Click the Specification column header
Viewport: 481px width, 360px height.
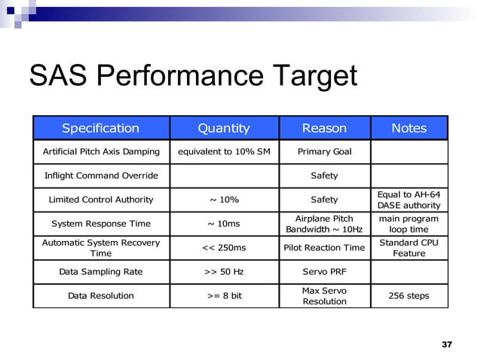click(x=100, y=128)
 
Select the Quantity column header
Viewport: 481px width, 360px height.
click(x=223, y=128)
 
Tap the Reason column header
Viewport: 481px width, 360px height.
click(x=324, y=128)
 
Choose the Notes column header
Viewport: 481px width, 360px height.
click(x=409, y=128)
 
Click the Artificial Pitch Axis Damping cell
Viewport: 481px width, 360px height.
click(x=100, y=151)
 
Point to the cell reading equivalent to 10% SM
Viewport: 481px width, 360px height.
click(x=223, y=151)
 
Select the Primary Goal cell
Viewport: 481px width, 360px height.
click(x=324, y=151)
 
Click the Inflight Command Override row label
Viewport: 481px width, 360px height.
click(x=100, y=175)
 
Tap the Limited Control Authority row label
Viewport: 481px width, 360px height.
click(x=100, y=200)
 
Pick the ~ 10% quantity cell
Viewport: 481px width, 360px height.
click(x=223, y=200)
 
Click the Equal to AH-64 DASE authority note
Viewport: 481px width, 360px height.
click(x=409, y=200)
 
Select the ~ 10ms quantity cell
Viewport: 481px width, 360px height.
click(x=223, y=224)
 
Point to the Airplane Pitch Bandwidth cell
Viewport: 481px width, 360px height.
click(x=324, y=224)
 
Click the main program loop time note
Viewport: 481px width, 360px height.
click(x=409, y=224)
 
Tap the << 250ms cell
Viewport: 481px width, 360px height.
click(x=223, y=248)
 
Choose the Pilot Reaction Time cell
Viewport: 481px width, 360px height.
click(x=324, y=248)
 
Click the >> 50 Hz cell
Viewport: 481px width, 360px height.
click(x=223, y=272)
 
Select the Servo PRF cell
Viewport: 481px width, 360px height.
click(x=324, y=272)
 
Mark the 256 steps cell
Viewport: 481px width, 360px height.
click(x=409, y=295)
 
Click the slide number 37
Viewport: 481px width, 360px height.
click(x=446, y=344)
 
